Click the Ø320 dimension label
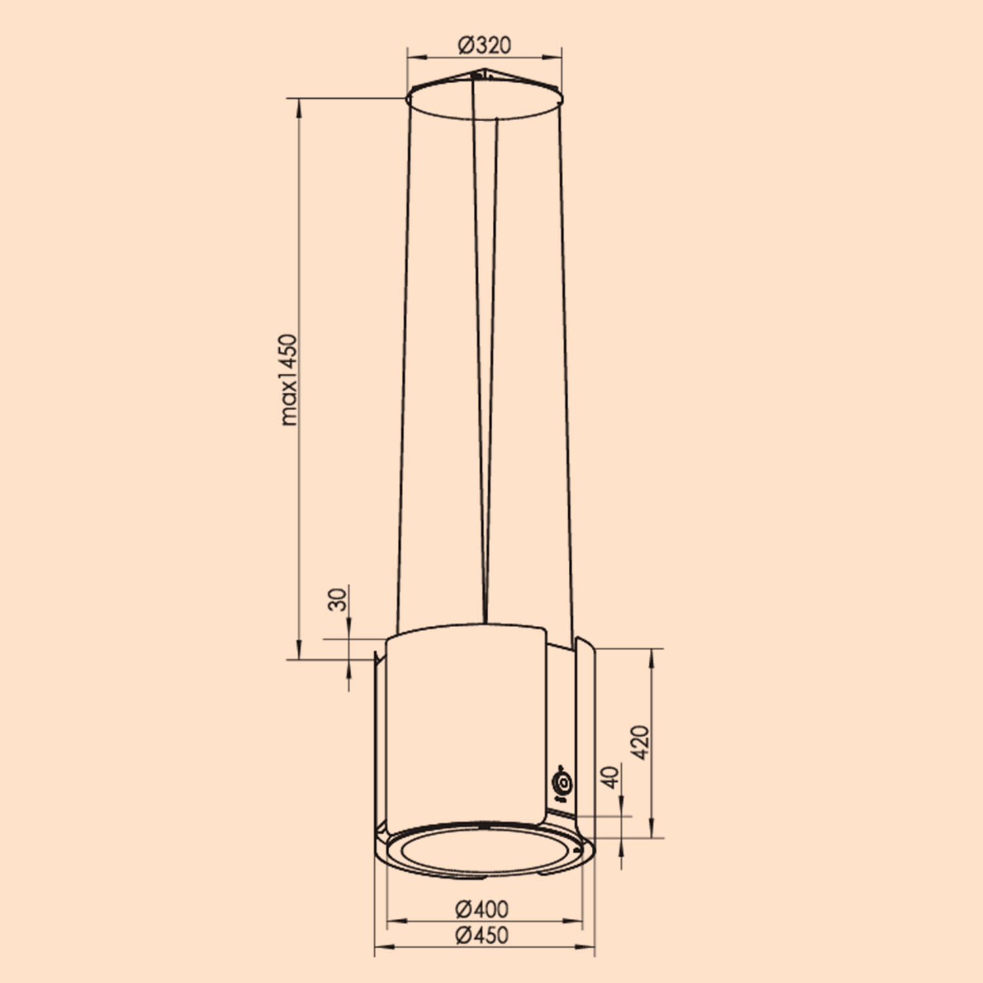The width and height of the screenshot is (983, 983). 484,45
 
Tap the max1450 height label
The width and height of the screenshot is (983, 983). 288,380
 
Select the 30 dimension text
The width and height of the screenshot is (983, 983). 337,599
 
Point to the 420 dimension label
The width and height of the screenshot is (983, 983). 640,742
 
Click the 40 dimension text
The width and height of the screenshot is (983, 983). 610,777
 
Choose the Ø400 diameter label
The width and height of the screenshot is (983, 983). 482,909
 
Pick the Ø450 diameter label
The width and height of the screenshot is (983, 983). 482,935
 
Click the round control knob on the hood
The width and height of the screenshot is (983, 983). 562,783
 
